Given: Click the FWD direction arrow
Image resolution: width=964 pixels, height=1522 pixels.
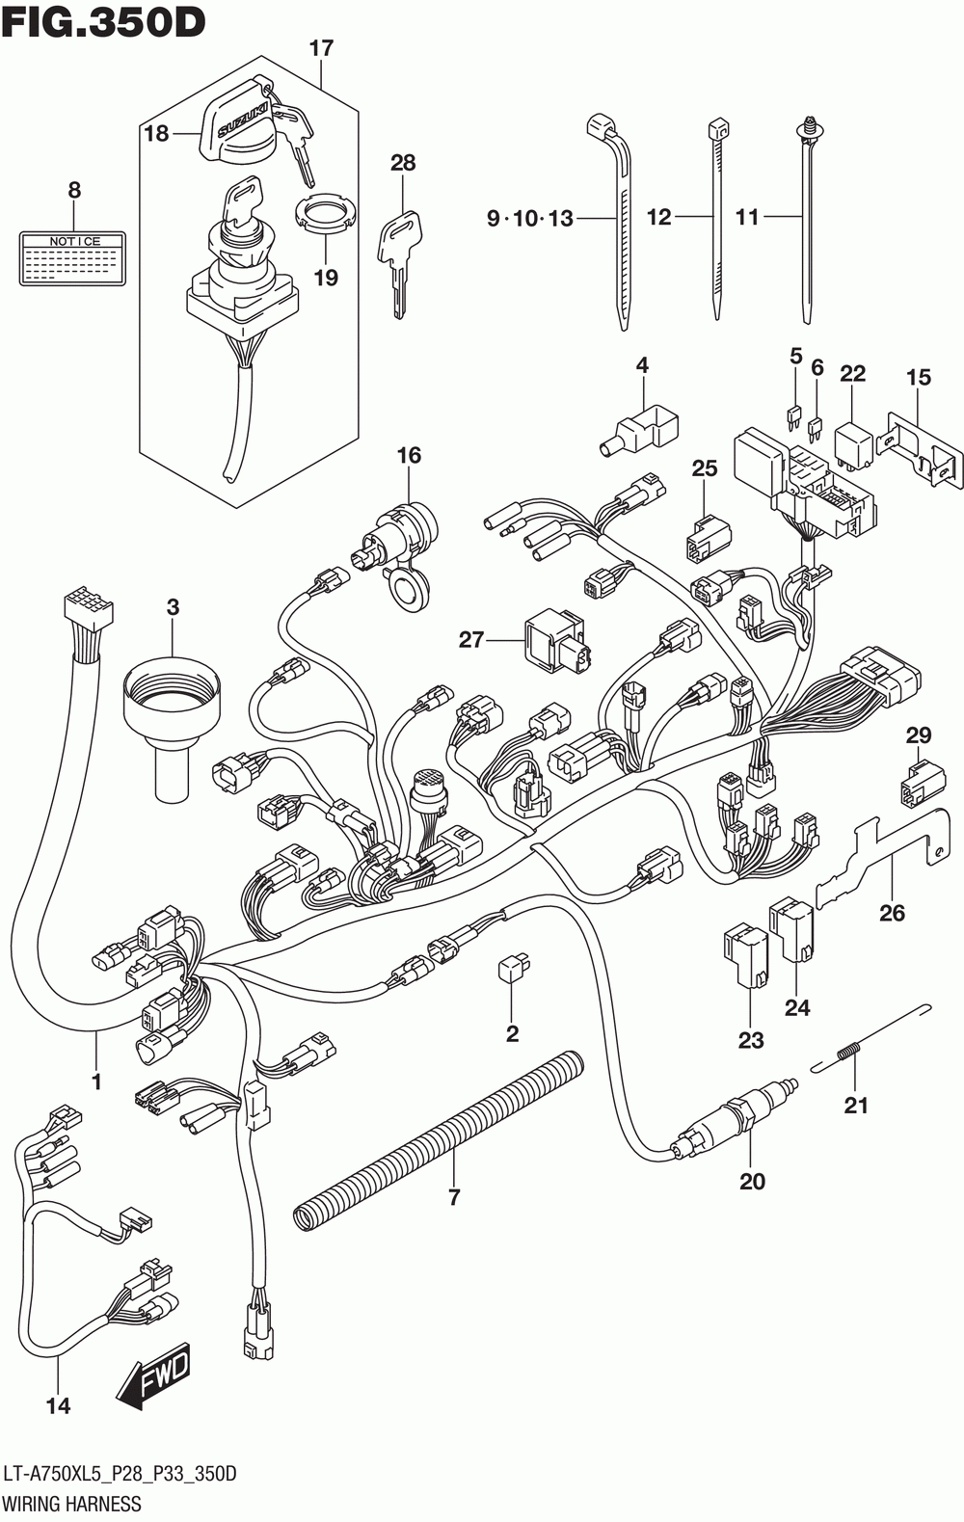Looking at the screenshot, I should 154,1374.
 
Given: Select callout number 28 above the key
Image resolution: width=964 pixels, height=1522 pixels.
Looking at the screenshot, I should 403,163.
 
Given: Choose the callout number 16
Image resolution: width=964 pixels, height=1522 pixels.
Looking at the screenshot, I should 410,455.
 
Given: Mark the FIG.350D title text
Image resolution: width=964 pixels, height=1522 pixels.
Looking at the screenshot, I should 103,21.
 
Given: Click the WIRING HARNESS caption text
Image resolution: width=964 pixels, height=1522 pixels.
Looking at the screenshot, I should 71,1504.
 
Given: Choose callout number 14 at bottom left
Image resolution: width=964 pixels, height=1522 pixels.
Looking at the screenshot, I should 58,1406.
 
